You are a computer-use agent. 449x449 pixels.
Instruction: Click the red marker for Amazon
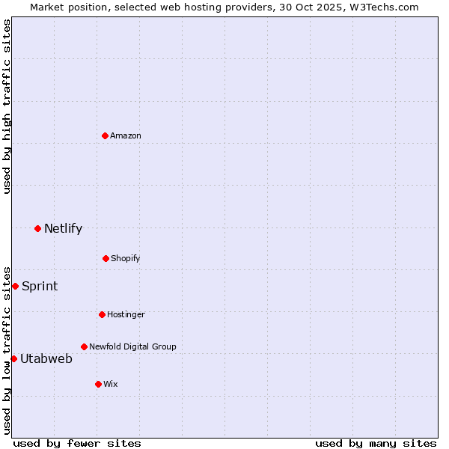click(106, 135)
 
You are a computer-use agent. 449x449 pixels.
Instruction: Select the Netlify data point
click(37, 228)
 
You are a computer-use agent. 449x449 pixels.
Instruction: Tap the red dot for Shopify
click(106, 258)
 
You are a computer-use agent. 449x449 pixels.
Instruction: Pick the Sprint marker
click(15, 286)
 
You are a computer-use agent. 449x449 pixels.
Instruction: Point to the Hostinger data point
click(102, 314)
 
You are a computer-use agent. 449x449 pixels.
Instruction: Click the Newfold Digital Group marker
click(84, 346)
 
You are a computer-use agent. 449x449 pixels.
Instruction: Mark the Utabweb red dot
click(13, 358)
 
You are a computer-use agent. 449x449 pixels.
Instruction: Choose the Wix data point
click(98, 384)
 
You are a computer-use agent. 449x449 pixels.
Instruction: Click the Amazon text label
click(126, 135)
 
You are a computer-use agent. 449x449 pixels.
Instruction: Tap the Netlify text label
click(63, 228)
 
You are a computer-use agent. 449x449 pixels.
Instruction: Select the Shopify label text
click(126, 258)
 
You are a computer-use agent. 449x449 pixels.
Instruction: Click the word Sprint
click(40, 286)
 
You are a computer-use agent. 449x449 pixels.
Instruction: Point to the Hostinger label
click(126, 314)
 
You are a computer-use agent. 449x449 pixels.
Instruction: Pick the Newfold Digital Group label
click(132, 346)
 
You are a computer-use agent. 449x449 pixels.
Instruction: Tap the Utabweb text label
click(46, 358)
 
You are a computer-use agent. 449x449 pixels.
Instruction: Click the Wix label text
click(111, 384)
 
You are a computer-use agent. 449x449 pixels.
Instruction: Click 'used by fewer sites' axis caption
click(77, 443)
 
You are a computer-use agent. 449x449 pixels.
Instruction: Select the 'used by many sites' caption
click(376, 443)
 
